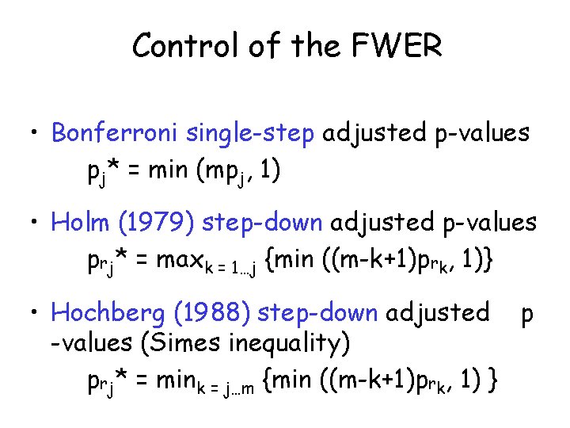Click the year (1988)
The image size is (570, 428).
218,313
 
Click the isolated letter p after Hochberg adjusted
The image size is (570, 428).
526,315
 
